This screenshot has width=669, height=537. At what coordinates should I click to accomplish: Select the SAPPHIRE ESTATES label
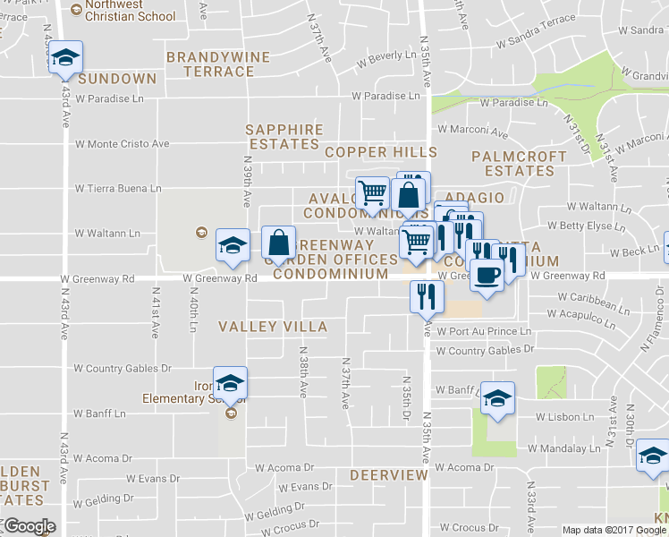pos(284,137)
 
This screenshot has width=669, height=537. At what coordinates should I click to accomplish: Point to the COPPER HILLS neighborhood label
pos(380,152)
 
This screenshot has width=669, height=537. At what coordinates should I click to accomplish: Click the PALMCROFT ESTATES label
pos(519,163)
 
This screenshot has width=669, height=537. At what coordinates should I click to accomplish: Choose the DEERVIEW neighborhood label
pos(388,475)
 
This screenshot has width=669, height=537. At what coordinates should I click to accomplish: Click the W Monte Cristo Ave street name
pos(122,144)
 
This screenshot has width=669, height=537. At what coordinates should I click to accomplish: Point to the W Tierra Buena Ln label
pos(118,189)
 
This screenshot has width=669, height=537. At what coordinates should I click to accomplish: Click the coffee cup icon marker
pos(487,278)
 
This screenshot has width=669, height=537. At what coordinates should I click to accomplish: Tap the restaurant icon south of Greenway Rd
pos(426,296)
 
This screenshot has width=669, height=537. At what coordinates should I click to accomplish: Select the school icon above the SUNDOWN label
pos(64,57)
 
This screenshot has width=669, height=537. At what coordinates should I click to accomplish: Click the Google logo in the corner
pos(29,526)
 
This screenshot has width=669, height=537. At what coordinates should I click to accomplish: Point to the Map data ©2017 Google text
pos(614,530)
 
